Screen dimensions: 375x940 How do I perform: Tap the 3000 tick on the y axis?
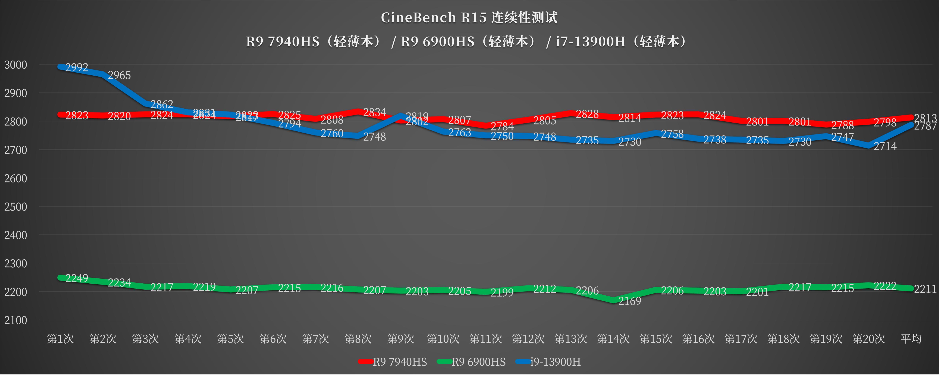[x=16, y=65]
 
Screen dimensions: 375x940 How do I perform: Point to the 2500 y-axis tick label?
[x=16, y=207]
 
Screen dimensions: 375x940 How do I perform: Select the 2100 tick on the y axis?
[x=16, y=320]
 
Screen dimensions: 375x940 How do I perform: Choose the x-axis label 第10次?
[x=443, y=339]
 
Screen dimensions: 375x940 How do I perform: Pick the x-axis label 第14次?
[x=613, y=339]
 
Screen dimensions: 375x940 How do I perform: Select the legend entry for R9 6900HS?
[x=478, y=362]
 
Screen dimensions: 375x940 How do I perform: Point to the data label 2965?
[x=119, y=75]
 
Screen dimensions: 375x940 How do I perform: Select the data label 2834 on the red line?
[x=374, y=112]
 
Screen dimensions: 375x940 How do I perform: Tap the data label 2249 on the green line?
[x=77, y=278]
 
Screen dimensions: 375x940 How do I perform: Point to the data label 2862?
[x=162, y=104]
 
